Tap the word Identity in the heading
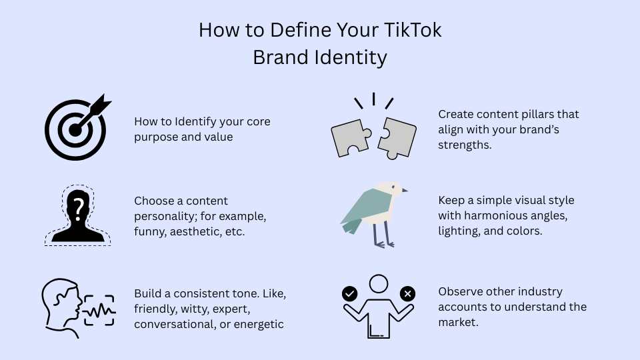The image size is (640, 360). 353,57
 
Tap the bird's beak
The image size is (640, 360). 405,190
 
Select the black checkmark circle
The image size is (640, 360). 349,294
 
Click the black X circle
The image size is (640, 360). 408,294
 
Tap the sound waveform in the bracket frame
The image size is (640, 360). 98,310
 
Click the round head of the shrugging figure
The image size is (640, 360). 379,283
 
